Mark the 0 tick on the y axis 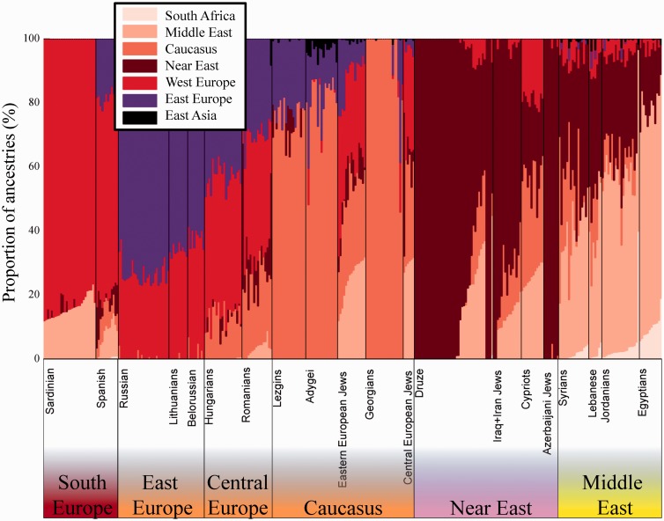click(x=35, y=359)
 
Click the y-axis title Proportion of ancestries click(x=11, y=198)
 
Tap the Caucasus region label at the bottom click(x=343, y=509)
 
